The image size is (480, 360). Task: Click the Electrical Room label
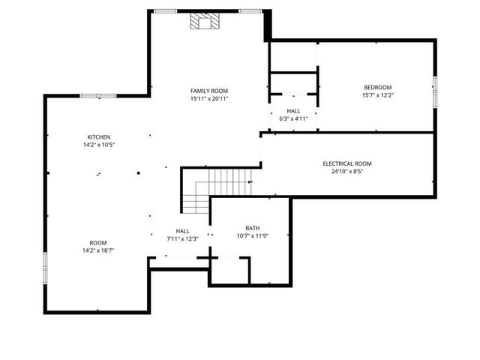point(346,163)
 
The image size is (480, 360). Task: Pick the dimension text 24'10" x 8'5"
point(346,171)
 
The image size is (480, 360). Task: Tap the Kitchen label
point(99,137)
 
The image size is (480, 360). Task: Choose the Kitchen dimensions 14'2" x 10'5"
point(99,145)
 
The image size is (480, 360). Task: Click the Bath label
point(252,228)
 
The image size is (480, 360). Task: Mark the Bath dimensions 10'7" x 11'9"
point(252,236)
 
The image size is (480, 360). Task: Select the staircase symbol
point(217,188)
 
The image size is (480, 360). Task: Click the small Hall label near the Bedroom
point(293,110)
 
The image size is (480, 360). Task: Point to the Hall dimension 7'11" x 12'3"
point(182,238)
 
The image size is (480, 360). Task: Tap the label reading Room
point(98,242)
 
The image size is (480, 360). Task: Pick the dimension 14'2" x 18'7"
point(98,250)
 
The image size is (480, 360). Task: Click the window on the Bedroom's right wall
point(435,89)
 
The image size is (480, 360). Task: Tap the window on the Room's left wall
point(45,266)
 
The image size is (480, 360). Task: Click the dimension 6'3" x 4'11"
point(293,118)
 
